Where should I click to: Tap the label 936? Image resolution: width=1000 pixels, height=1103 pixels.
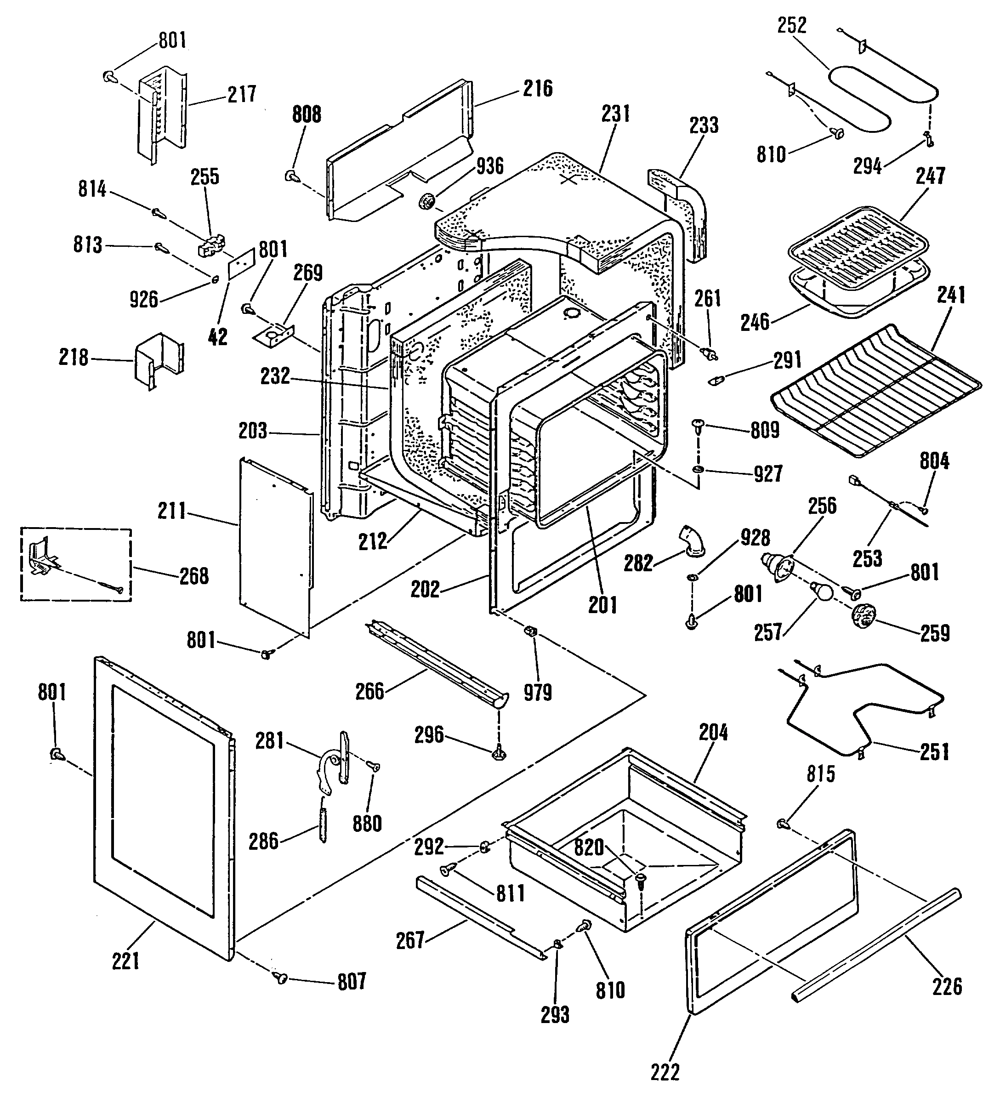coord(489,166)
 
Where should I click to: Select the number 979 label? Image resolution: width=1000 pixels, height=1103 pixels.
coord(538,693)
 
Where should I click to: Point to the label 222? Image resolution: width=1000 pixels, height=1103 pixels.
coord(665,1072)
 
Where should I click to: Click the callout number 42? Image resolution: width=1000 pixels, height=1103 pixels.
coord(218,336)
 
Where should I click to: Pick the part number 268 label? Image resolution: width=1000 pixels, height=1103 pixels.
coord(194,576)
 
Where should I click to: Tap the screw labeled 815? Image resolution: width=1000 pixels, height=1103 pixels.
coord(783,822)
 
